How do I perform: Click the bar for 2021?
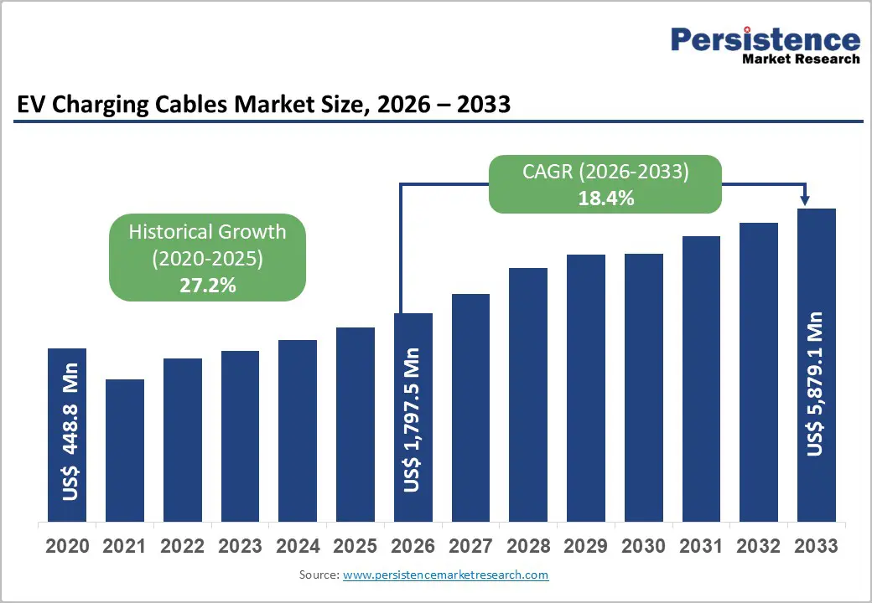[x=125, y=450]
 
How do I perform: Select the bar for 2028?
[x=528, y=394]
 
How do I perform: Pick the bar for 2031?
[x=701, y=378]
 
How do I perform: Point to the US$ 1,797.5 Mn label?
[x=413, y=420]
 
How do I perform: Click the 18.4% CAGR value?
[x=605, y=198]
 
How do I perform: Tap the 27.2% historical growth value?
[x=207, y=285]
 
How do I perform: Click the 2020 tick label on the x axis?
[x=67, y=546]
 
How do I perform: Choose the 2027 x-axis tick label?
[x=470, y=546]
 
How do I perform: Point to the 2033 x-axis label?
[x=816, y=546]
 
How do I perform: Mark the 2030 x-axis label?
[x=643, y=546]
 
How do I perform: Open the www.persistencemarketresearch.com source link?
[x=445, y=575]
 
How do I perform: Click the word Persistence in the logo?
[x=765, y=40]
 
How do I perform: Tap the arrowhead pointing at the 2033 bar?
[x=805, y=199]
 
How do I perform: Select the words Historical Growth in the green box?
[x=207, y=232]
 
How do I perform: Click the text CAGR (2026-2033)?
[x=605, y=173]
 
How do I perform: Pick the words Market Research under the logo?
[x=800, y=59]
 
